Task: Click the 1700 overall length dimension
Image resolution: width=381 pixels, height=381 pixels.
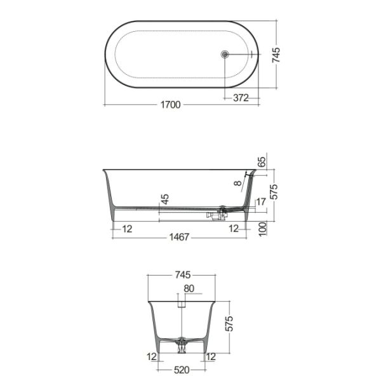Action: click(x=171, y=105)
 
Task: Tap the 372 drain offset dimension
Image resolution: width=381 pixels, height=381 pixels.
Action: click(x=241, y=98)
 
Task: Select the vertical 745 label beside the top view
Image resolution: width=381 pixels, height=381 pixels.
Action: click(x=276, y=55)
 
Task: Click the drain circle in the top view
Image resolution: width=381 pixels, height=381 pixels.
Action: click(x=225, y=54)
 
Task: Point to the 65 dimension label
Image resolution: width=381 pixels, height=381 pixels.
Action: click(x=262, y=163)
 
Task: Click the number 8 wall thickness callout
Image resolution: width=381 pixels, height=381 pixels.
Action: click(x=238, y=183)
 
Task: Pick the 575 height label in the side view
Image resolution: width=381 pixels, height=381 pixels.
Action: click(x=274, y=192)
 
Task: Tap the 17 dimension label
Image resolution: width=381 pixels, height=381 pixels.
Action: click(x=261, y=202)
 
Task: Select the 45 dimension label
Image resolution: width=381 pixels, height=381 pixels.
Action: click(x=165, y=199)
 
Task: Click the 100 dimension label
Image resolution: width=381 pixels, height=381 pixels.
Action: click(x=263, y=229)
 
